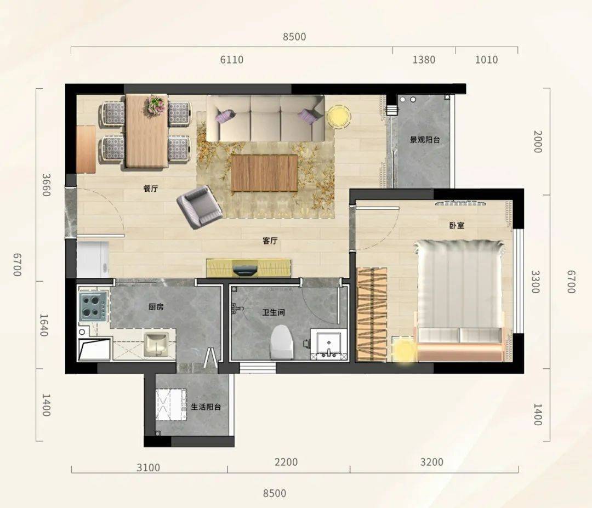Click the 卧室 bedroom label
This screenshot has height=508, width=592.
click(x=457, y=226)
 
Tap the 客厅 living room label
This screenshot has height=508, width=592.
click(x=270, y=241)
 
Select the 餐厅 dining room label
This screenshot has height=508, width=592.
click(x=151, y=189)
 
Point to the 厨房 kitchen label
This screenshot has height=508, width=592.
click(x=156, y=307)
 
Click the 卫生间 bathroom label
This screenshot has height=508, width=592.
click(x=274, y=312)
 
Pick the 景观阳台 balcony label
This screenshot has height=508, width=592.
click(x=425, y=140)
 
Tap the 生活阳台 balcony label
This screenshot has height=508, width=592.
click(x=206, y=407)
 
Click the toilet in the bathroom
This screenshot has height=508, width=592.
click(x=282, y=343)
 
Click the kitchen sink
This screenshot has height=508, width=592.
click(x=156, y=344)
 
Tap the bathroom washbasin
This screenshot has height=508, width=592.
click(x=329, y=344)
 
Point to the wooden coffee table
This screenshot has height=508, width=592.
click(x=265, y=173)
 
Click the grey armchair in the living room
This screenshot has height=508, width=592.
click(x=200, y=207)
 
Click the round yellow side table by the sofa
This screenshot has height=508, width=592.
click(x=339, y=117)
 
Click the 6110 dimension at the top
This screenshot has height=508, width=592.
click(x=232, y=60)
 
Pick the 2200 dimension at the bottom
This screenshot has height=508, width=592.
click(x=286, y=462)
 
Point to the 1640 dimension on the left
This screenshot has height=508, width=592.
click(x=44, y=325)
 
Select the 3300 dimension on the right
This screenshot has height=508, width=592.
click(x=536, y=282)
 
